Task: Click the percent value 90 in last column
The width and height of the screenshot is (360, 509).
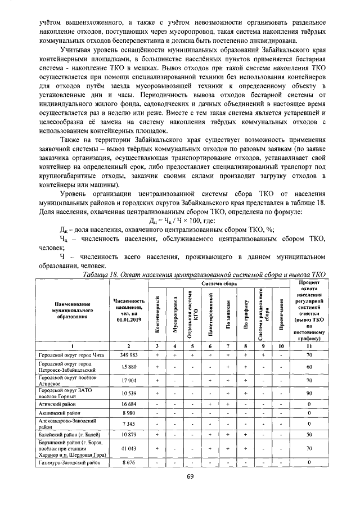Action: [x=309, y=393]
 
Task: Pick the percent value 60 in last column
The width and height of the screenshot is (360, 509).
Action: [x=309, y=367]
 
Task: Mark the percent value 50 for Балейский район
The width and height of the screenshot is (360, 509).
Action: [x=309, y=435]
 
